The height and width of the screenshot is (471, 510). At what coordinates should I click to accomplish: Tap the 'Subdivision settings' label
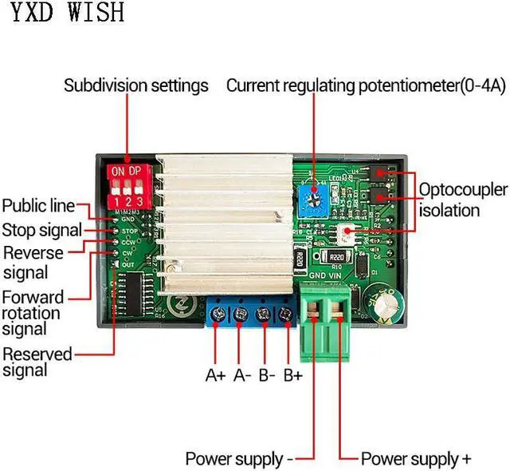pos(135,85)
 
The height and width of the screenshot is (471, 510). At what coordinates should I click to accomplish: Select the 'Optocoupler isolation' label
pos(463,200)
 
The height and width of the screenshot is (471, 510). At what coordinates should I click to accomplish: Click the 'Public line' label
pos(38,206)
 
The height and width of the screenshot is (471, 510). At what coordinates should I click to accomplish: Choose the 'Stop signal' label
pos(41,231)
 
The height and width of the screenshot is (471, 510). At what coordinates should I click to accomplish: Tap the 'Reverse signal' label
pos(35,263)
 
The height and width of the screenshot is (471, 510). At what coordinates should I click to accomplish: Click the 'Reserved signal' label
pos(37,362)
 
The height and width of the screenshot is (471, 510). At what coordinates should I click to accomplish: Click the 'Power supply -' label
pos(239,459)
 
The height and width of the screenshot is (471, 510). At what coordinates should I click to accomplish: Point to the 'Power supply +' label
pos(415,459)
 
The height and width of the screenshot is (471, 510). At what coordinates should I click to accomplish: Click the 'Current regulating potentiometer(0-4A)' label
pos(366,85)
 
